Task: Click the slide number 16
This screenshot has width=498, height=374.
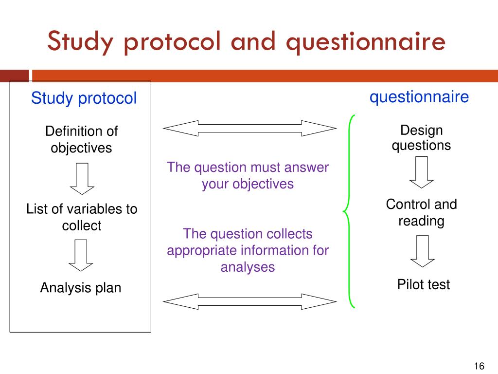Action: [x=479, y=367]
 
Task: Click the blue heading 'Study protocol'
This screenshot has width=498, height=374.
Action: [x=84, y=98]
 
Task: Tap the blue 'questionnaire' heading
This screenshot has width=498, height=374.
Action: [x=419, y=97]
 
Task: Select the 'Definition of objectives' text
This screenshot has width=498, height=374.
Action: [x=81, y=139]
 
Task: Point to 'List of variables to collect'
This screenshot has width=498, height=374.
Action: [x=82, y=217]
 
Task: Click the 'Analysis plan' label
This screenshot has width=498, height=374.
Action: [x=81, y=288]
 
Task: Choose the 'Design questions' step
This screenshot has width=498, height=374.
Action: [x=422, y=138]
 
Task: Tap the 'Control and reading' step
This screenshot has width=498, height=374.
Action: [x=422, y=212]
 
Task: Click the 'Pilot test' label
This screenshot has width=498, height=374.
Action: [x=424, y=284]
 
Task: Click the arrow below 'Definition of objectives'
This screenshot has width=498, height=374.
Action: [x=82, y=178]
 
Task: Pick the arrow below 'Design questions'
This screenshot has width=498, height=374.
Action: [x=422, y=172]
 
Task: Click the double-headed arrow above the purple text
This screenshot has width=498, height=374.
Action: [x=249, y=129]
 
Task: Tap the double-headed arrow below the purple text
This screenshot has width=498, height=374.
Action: [x=249, y=301]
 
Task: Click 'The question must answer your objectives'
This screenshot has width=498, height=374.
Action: [x=248, y=176]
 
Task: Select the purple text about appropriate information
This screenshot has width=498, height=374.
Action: [x=248, y=250]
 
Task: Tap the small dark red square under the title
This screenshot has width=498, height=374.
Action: [x=14, y=76]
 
